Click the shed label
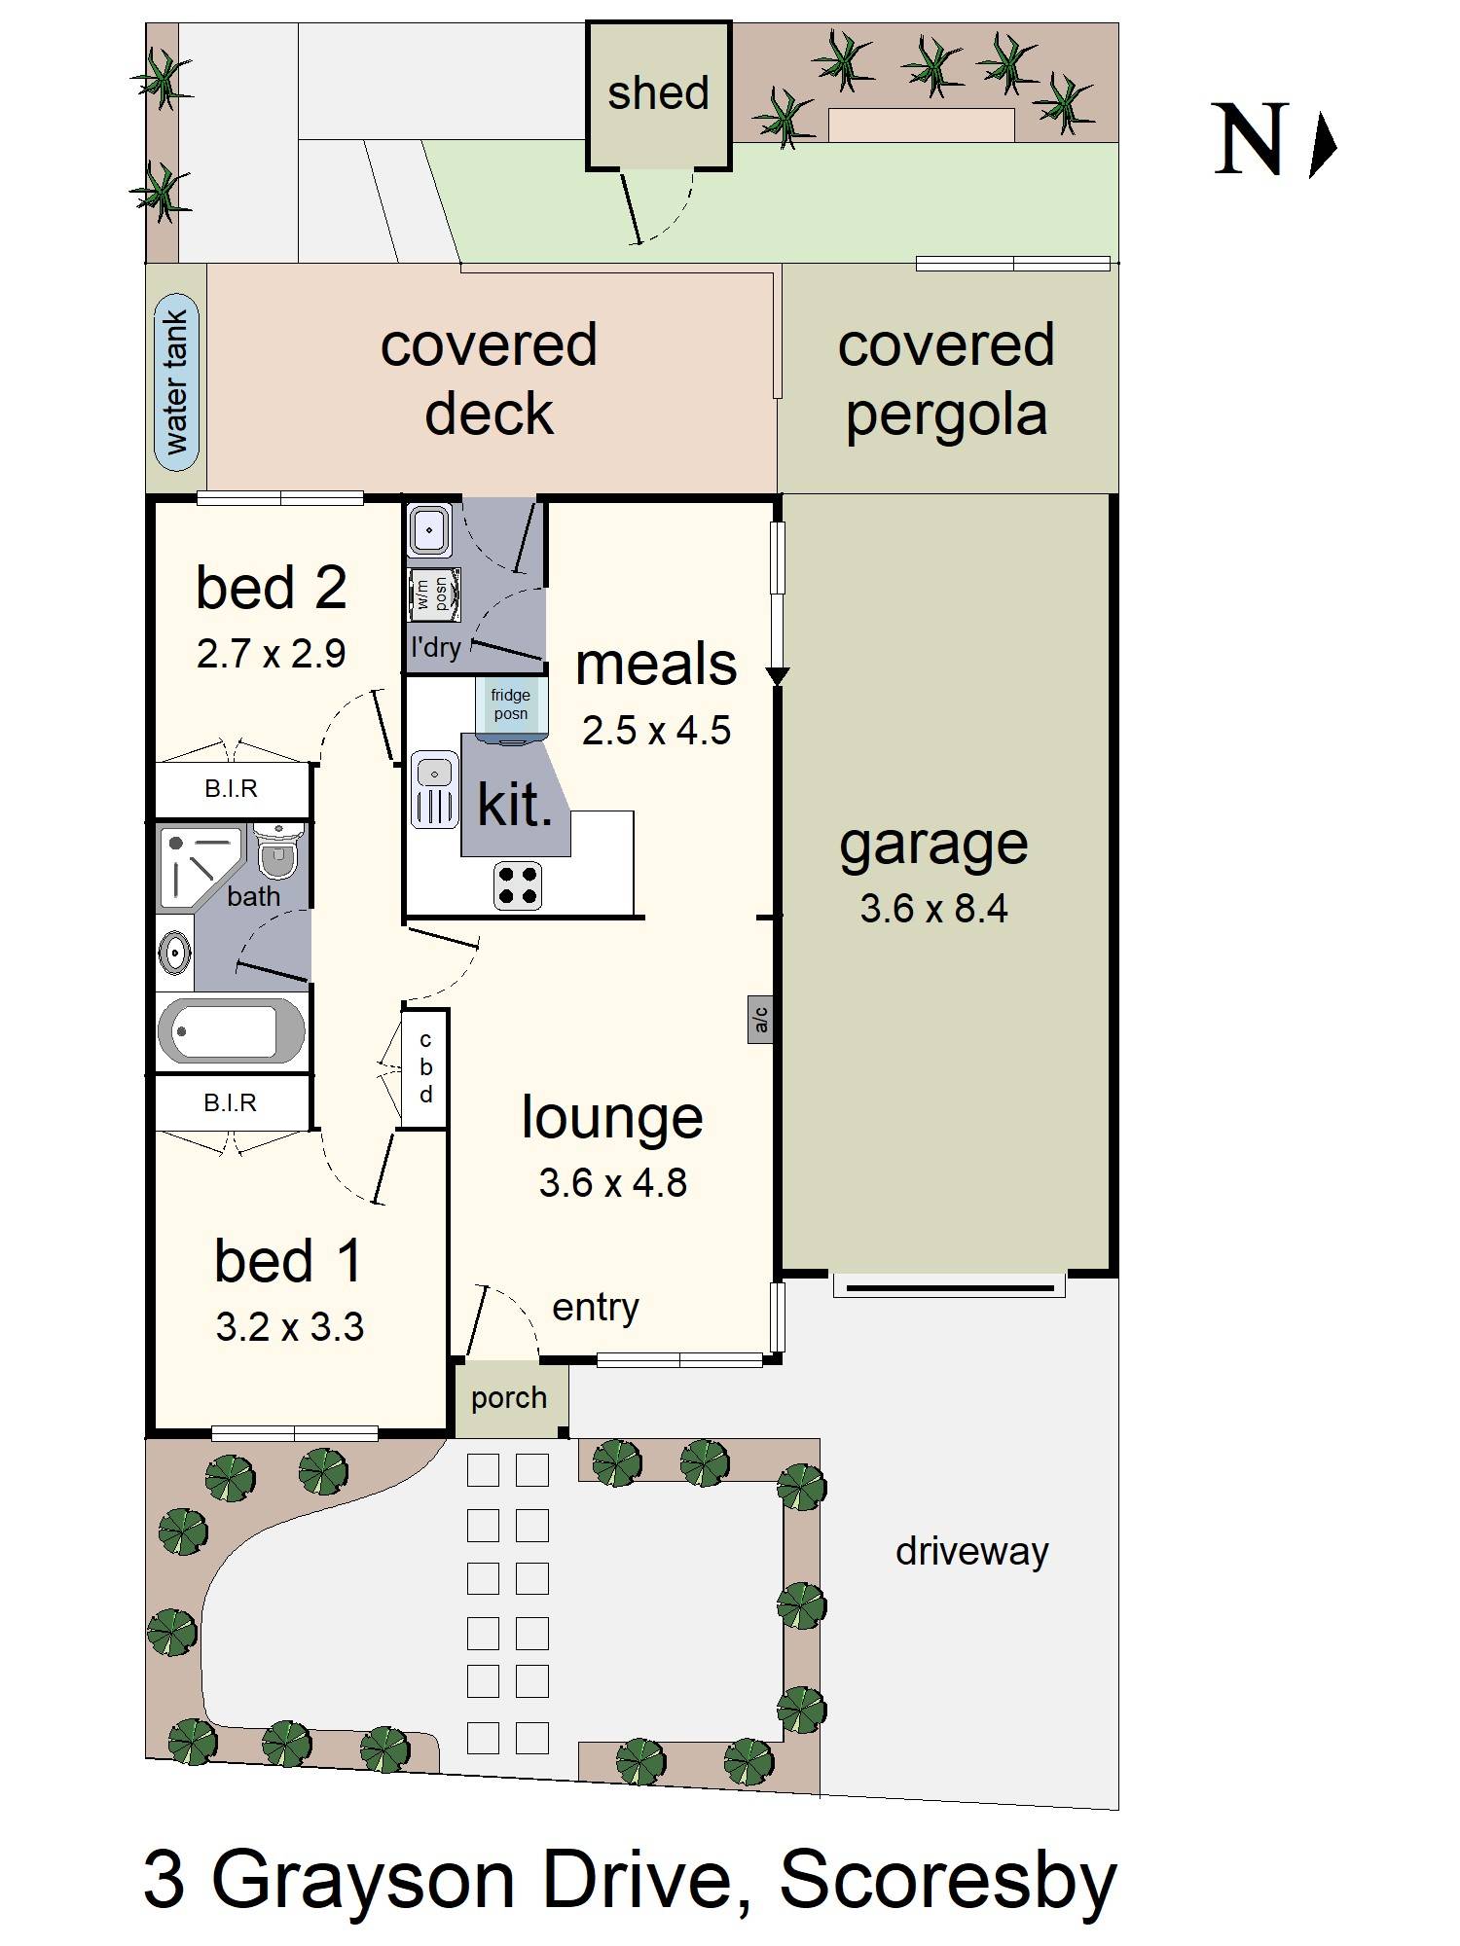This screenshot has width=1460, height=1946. (x=658, y=94)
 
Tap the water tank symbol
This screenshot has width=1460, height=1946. (x=176, y=382)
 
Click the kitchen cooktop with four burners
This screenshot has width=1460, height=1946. (x=518, y=884)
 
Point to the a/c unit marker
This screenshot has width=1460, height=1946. (x=760, y=1019)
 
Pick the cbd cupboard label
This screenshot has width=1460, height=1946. (x=425, y=1067)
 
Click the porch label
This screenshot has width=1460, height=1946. (x=509, y=1398)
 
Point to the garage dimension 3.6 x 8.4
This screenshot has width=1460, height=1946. (x=933, y=909)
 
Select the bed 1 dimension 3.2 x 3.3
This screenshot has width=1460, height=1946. (x=289, y=1327)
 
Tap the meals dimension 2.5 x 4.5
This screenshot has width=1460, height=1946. (x=656, y=731)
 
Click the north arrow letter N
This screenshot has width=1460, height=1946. (x=1251, y=141)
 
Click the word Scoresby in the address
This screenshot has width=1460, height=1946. (x=947, y=1881)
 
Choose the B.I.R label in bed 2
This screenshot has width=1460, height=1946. (x=231, y=789)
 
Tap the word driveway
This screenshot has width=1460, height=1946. (x=971, y=1551)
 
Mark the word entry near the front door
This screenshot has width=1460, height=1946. (x=596, y=1309)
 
